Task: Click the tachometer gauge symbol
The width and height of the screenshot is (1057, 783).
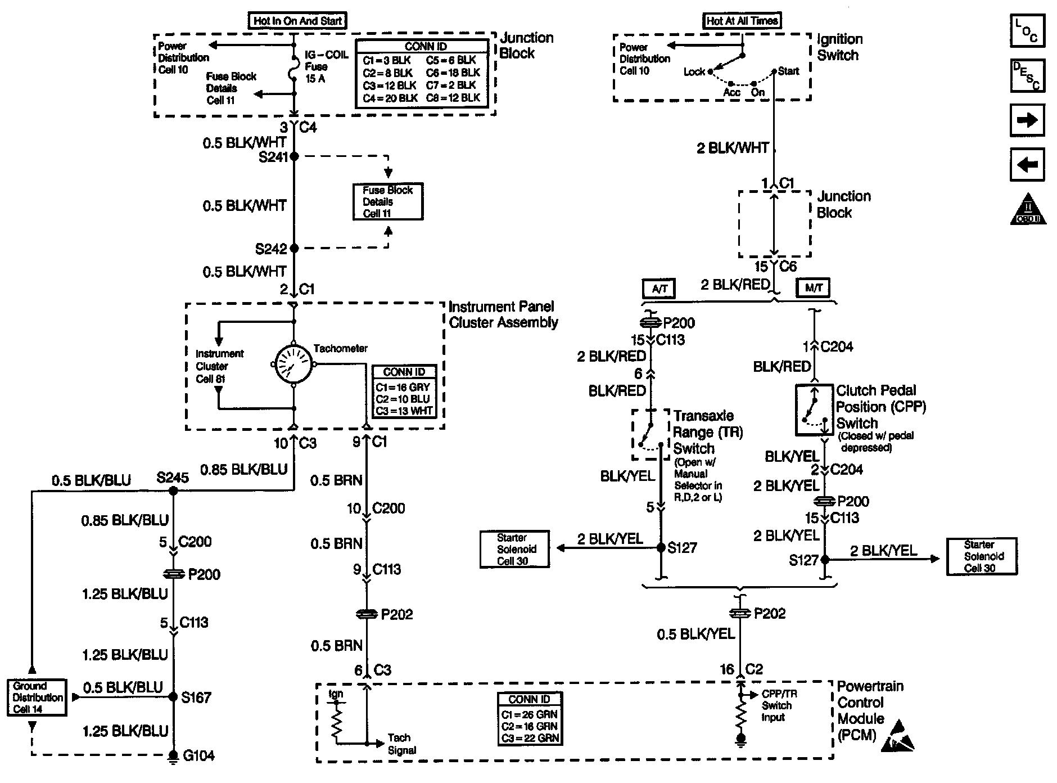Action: (x=293, y=364)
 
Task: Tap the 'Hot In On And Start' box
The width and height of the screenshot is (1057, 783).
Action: (x=297, y=21)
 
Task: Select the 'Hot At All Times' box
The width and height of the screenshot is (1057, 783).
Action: (x=742, y=21)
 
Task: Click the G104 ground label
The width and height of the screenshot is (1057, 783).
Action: (x=198, y=755)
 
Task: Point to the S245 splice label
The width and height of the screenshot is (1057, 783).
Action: (x=173, y=478)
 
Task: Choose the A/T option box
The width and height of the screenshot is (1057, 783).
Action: (x=659, y=289)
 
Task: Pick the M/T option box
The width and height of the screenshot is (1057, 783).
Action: (x=813, y=288)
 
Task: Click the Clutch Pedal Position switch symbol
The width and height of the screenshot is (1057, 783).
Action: (x=814, y=410)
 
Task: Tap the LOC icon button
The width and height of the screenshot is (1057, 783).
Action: (x=1027, y=31)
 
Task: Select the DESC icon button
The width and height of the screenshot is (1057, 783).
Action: (x=1027, y=75)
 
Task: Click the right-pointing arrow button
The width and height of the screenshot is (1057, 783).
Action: (x=1027, y=120)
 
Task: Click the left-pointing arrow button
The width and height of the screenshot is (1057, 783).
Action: (x=1027, y=164)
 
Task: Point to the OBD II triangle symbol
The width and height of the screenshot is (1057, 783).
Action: (x=1028, y=210)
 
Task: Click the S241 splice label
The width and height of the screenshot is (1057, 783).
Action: (x=273, y=157)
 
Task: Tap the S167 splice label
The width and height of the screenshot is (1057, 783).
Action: (x=196, y=697)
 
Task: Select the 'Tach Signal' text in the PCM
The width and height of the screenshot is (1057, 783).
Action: (x=401, y=744)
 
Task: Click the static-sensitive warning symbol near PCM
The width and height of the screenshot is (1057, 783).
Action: (x=898, y=736)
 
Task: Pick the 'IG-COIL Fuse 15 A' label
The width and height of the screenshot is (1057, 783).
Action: (x=326, y=66)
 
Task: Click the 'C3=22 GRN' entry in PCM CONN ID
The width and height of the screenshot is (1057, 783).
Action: (x=530, y=738)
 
